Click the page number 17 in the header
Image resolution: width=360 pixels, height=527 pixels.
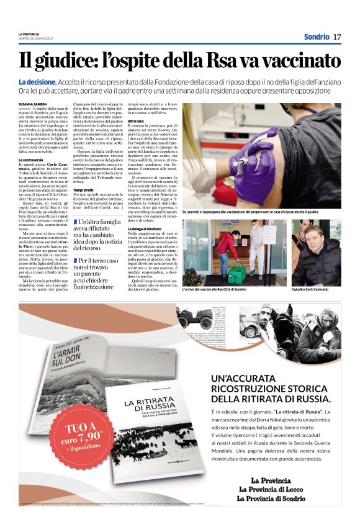(337, 37)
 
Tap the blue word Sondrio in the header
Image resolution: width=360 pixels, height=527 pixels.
(317, 37)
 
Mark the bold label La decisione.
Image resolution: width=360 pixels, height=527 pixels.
(38, 82)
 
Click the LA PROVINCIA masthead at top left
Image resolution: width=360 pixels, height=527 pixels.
(30, 34)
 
